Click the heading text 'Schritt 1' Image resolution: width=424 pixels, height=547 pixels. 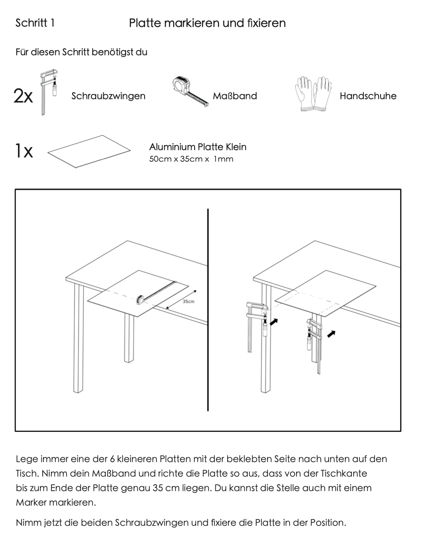coord(35,23)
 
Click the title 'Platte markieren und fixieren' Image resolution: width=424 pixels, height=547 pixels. coord(207,23)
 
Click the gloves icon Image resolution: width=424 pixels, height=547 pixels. coord(313,94)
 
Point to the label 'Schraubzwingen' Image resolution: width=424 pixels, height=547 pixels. coord(108,96)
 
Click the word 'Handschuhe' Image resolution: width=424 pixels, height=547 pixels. coord(368,96)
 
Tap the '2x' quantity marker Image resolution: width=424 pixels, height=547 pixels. coord(23,96)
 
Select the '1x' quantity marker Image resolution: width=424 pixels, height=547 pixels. coord(23,151)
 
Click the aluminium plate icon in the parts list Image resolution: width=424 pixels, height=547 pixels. coord(89,151)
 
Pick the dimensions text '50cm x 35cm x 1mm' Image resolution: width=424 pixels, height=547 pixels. coord(191,159)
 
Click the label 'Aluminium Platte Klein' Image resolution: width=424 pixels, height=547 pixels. coord(198,147)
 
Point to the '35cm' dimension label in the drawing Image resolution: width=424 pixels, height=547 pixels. coord(188,301)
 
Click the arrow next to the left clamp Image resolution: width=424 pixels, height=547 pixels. coord(273,322)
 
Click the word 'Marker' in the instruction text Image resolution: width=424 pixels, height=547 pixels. coord(31,502)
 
